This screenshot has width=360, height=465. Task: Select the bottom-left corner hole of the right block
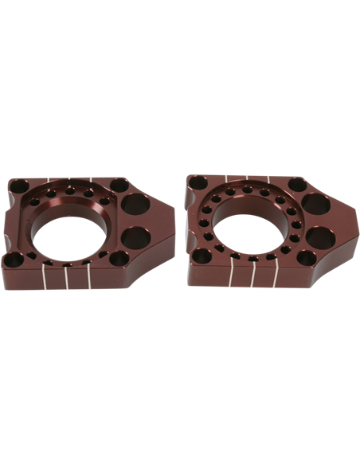pos(202,256)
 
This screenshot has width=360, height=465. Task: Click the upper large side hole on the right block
pos(315,205)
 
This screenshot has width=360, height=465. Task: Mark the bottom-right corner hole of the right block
pos(305,259)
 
